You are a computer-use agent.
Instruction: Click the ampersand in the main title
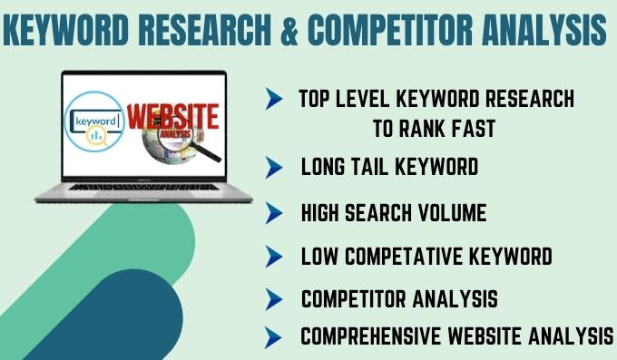pos(289,29)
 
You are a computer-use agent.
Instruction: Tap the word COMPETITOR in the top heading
pos(390,29)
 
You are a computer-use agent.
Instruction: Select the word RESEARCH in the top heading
pos(205,29)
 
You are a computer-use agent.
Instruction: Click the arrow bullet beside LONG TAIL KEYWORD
pos(274,167)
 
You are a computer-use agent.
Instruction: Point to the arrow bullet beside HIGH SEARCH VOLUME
pos(274,213)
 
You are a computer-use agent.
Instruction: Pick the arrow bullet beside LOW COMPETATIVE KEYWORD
pos(274,257)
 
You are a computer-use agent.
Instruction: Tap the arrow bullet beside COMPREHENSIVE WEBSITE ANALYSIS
pos(273,337)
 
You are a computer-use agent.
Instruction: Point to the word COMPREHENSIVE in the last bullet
pos(371,336)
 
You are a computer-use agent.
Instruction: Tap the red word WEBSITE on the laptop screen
pos(172,116)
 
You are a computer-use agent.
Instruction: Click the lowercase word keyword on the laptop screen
pos(96,121)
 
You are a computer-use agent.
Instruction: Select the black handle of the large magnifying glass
pos(205,151)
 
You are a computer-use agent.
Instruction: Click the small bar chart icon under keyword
pos(96,136)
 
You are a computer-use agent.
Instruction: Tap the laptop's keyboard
pos(143,188)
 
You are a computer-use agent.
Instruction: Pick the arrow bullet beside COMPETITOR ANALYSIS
pos(274,299)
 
